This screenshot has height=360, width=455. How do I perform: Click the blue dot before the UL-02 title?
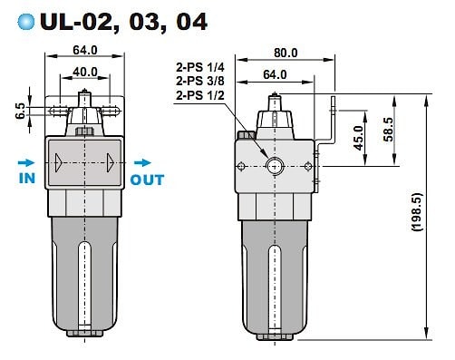point(26,22)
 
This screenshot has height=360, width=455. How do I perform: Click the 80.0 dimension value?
point(286,53)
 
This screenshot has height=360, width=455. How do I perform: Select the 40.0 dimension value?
point(85,72)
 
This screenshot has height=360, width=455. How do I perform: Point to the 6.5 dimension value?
point(20,111)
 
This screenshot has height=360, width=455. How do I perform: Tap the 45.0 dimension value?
point(359,138)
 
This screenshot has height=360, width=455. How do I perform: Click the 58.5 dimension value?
point(389,130)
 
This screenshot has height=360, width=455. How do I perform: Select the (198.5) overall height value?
point(417,212)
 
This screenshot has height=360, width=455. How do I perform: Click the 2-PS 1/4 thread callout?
point(200,67)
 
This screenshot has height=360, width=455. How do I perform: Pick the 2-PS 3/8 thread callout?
point(200,81)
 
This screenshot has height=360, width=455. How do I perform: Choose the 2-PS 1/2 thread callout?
point(200,95)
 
